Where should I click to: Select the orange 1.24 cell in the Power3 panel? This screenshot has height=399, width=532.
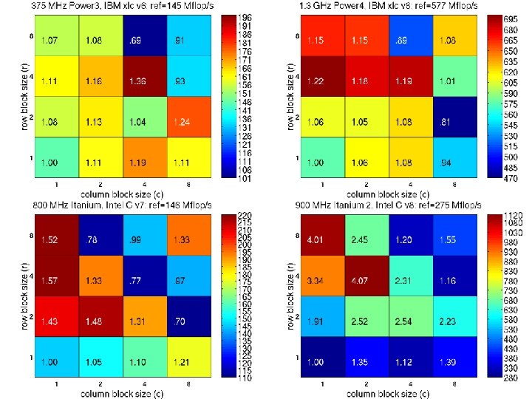click(x=188, y=120)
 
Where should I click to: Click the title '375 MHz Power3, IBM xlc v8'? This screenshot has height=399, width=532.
click(x=75, y=6)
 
